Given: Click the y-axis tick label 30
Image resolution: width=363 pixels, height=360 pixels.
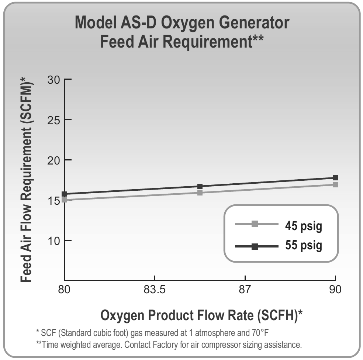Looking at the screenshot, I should (x=54, y=80).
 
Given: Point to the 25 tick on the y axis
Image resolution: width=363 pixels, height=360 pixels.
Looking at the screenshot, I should (x=54, y=120).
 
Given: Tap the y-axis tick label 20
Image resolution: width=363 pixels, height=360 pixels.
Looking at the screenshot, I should (x=54, y=160).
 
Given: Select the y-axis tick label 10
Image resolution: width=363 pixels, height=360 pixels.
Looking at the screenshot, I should (x=54, y=240).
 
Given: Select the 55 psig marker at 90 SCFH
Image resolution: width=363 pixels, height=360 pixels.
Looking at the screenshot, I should (x=336, y=178).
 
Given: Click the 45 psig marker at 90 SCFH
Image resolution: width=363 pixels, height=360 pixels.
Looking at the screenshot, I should (x=336, y=184).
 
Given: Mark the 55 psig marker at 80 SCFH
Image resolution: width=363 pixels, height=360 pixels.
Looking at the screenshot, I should (x=65, y=194).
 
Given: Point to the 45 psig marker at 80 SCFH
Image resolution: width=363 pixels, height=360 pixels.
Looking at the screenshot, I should (x=65, y=200).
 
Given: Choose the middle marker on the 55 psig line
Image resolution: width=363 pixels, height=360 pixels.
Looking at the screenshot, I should (x=200, y=186).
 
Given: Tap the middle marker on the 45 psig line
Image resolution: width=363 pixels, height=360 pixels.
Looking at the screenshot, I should (x=200, y=193).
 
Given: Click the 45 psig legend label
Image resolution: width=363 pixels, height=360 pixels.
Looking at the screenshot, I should (x=303, y=225).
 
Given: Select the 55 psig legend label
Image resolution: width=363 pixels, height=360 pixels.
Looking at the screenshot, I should (x=303, y=245).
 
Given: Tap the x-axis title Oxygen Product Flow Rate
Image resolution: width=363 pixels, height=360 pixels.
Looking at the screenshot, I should (x=201, y=315).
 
